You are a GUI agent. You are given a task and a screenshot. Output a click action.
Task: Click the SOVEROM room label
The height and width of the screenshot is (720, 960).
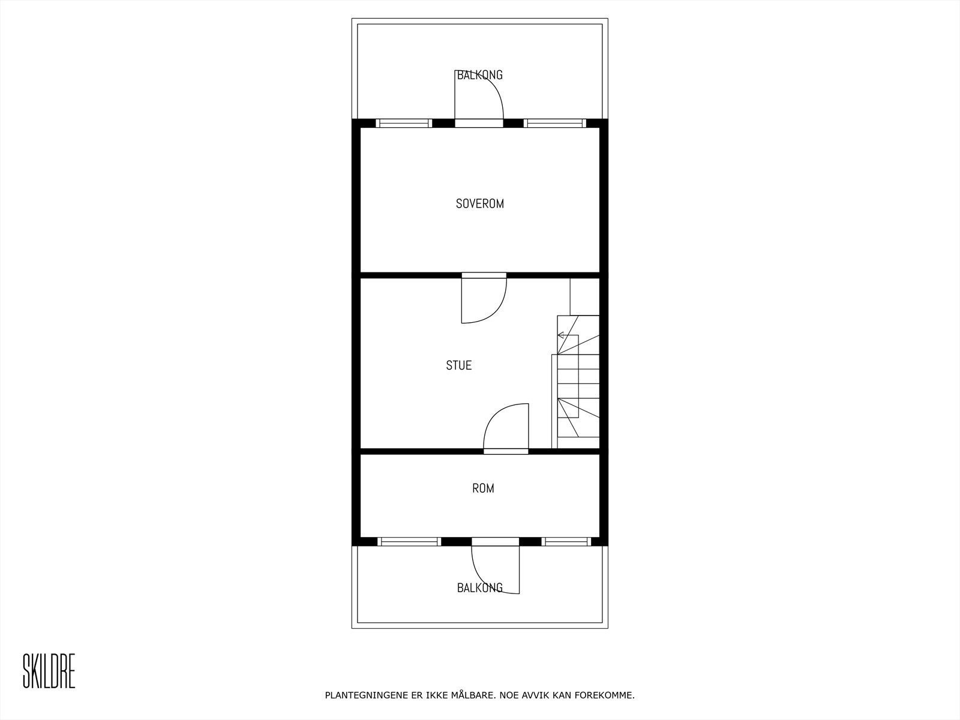point(479,203)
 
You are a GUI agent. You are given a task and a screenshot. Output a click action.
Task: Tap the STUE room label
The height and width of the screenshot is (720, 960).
point(458,365)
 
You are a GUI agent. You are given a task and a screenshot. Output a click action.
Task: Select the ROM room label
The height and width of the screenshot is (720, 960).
point(483,488)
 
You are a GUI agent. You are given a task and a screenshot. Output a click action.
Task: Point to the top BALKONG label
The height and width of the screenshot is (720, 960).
point(479,75)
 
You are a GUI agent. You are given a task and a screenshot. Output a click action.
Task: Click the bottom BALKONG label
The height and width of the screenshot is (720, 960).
point(479,588)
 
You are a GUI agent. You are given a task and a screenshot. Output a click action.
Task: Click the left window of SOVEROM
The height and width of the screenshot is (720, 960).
point(404,123)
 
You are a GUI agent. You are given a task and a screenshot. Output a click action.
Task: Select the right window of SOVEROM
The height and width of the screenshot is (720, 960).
point(554,123)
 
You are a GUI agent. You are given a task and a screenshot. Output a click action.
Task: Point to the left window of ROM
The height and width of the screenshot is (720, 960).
point(409,541)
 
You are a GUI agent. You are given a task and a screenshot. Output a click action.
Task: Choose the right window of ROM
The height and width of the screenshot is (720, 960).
point(566,541)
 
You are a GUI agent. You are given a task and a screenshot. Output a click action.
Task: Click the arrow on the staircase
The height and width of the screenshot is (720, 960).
point(562,335)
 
